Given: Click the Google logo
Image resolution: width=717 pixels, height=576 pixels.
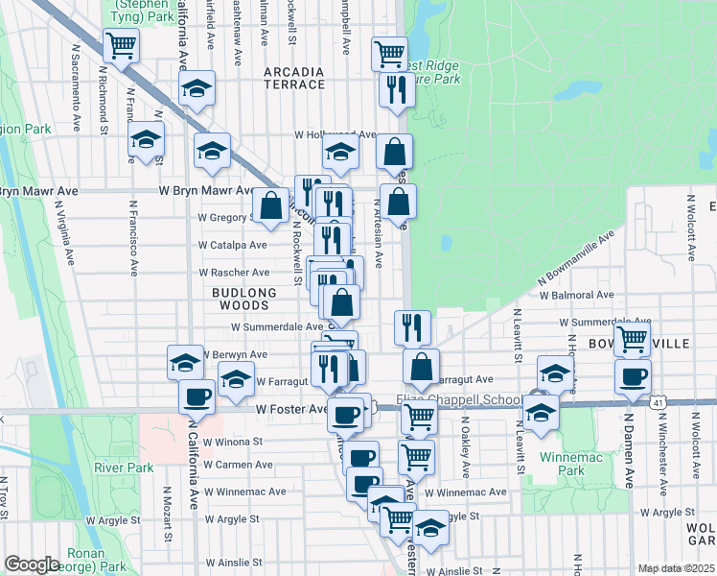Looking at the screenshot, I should click(x=32, y=564).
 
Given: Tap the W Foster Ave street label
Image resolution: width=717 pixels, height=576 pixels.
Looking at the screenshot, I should click(x=291, y=408).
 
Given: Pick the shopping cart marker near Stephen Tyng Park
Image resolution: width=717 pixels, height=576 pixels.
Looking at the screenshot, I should click(x=122, y=45).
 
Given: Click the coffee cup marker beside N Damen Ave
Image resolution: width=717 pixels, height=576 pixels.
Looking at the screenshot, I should click(x=632, y=377).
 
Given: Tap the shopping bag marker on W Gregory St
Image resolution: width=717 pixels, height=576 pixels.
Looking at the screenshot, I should click(x=271, y=205).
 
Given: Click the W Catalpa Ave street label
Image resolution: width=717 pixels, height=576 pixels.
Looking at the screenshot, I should click(x=233, y=245).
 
